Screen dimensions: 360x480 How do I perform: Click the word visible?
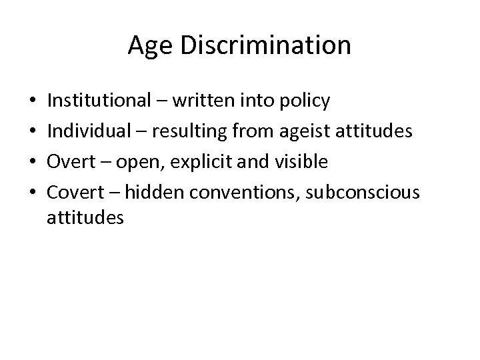coord(301,162)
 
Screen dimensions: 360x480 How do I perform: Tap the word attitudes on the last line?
coord(85,217)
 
